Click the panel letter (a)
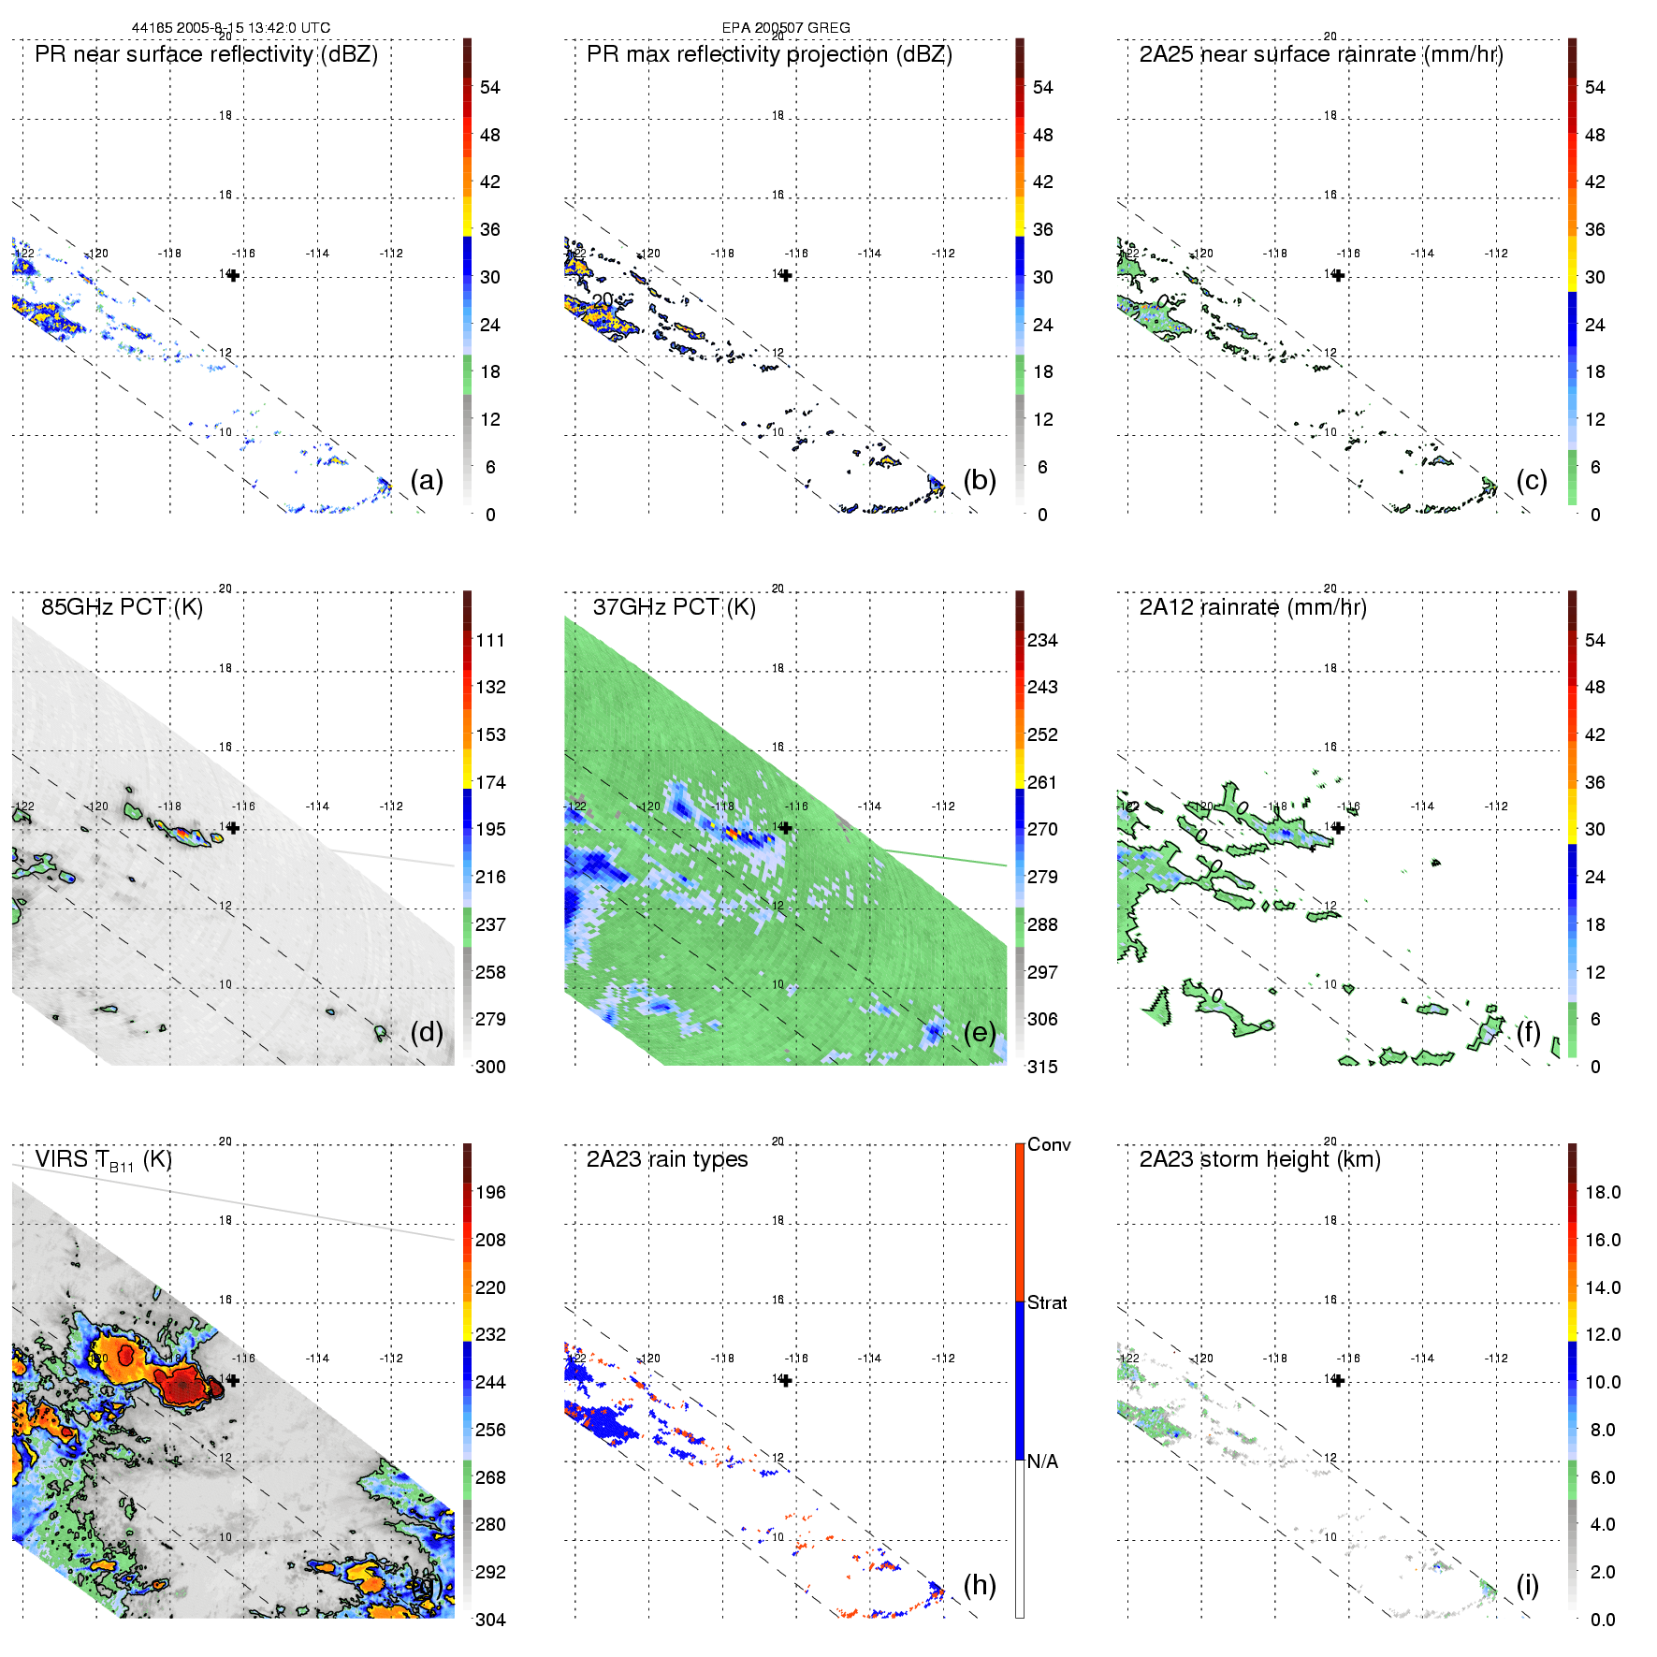click(427, 480)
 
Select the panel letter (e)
click(980, 1032)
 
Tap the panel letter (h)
click(980, 1584)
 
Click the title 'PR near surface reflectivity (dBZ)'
click(206, 54)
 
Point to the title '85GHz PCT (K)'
click(122, 606)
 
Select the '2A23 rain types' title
click(666, 1159)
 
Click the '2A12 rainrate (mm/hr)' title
click(1253, 606)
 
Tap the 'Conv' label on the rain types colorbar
click(1049, 1144)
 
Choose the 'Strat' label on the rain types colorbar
click(1047, 1302)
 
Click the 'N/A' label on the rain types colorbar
click(1042, 1461)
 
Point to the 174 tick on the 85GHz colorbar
click(490, 782)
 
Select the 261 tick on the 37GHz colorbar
click(1042, 782)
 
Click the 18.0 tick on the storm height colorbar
click(1602, 1192)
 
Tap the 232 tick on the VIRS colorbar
click(490, 1334)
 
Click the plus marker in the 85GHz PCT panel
click(233, 828)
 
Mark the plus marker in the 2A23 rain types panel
click(786, 1380)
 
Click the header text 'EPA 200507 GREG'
click(786, 28)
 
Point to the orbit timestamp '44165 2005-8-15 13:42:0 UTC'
click(231, 28)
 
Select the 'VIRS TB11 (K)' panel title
click(103, 1160)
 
